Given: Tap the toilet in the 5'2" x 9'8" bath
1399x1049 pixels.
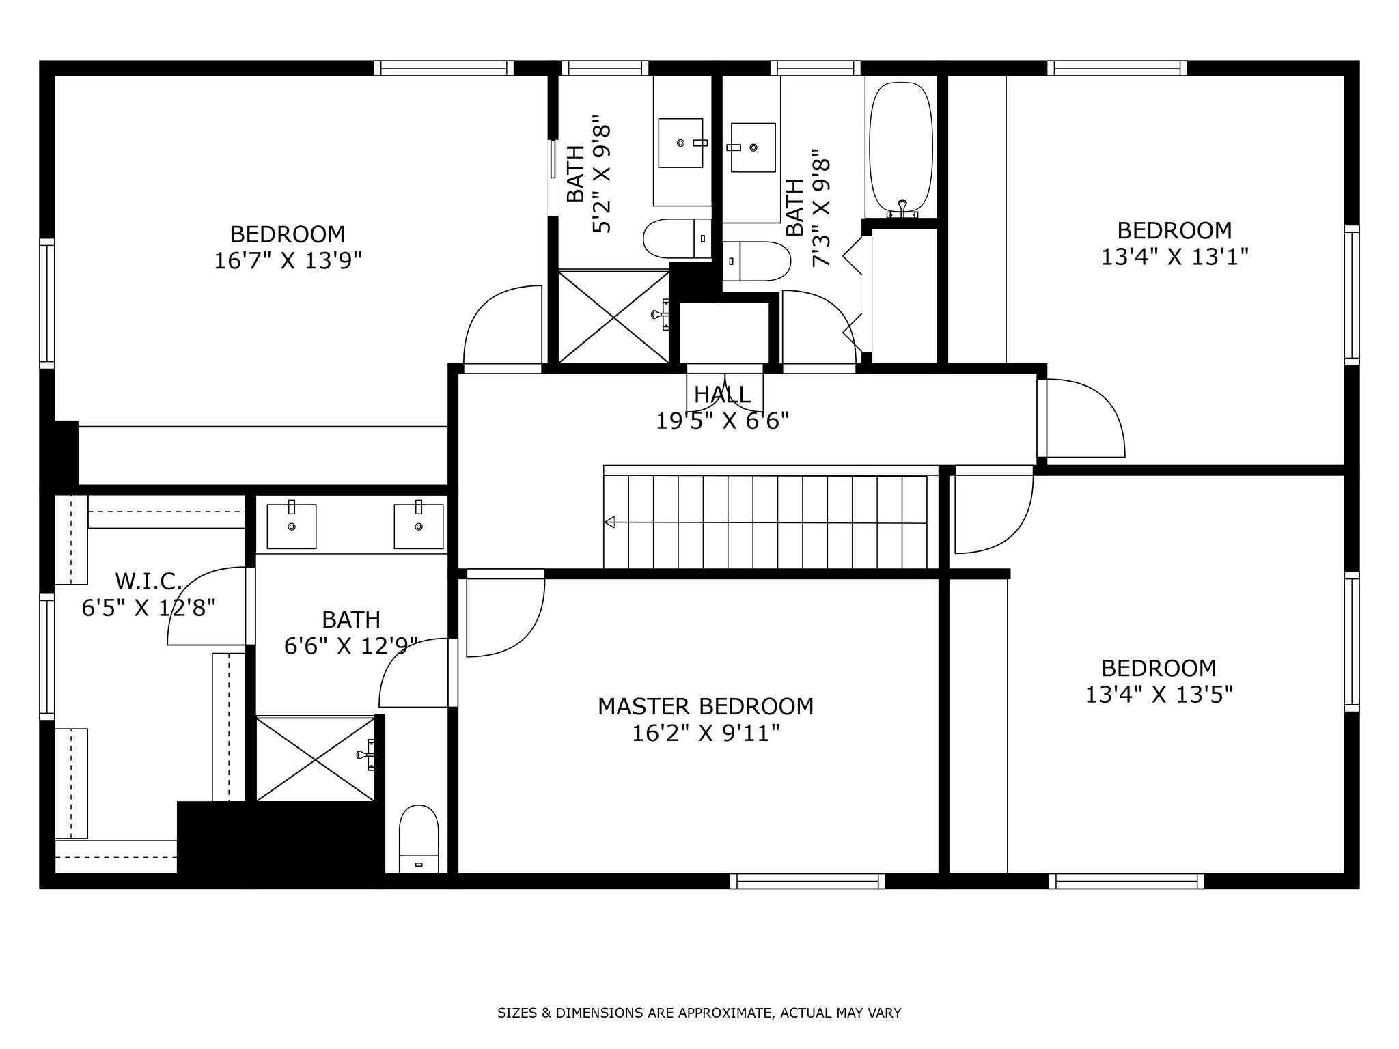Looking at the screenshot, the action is pos(677,238).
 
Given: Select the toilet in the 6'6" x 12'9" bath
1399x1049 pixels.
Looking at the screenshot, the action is pos(418,838).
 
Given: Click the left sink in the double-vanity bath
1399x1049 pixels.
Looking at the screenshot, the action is pos(291,526).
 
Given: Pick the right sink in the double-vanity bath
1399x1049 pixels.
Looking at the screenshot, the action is pos(418,526).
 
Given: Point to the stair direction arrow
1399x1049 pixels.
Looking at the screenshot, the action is pos(609,522).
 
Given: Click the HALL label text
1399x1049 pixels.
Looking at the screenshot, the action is pos(722,395).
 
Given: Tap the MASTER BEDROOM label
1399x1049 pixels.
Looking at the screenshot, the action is pos(706,706).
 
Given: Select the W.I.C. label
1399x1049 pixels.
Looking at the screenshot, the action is pos(148,582).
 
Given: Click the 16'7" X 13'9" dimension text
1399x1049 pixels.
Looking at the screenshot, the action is pos(288,261).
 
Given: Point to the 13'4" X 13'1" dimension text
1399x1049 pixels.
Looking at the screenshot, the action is pos(1174,257).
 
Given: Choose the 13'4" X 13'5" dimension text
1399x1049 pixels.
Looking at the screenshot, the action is pos(1159,695).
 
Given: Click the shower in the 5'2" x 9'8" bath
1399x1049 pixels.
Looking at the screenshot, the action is pos(614,317).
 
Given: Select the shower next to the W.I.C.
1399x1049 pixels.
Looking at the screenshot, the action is pos(316,758).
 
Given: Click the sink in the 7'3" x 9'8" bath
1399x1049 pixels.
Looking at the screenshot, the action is pos(753,148).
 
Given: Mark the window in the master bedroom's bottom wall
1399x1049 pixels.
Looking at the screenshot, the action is pos(807,881).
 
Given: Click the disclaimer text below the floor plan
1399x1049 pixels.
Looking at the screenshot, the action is pos(699,1013).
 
